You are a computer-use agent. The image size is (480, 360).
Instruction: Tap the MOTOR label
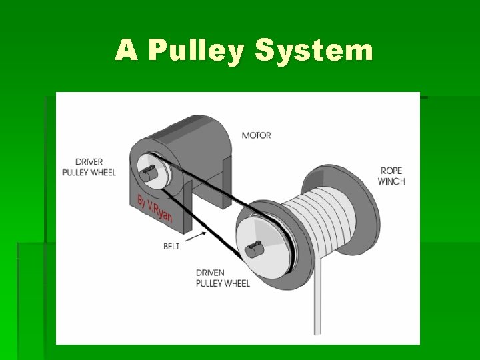click(256, 135)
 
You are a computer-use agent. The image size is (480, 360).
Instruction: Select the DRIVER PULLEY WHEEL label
click(89, 167)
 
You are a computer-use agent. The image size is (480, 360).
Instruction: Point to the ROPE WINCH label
click(391, 175)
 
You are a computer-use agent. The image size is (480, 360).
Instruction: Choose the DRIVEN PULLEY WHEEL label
click(223, 278)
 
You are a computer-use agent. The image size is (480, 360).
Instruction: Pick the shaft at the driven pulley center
click(251, 251)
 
